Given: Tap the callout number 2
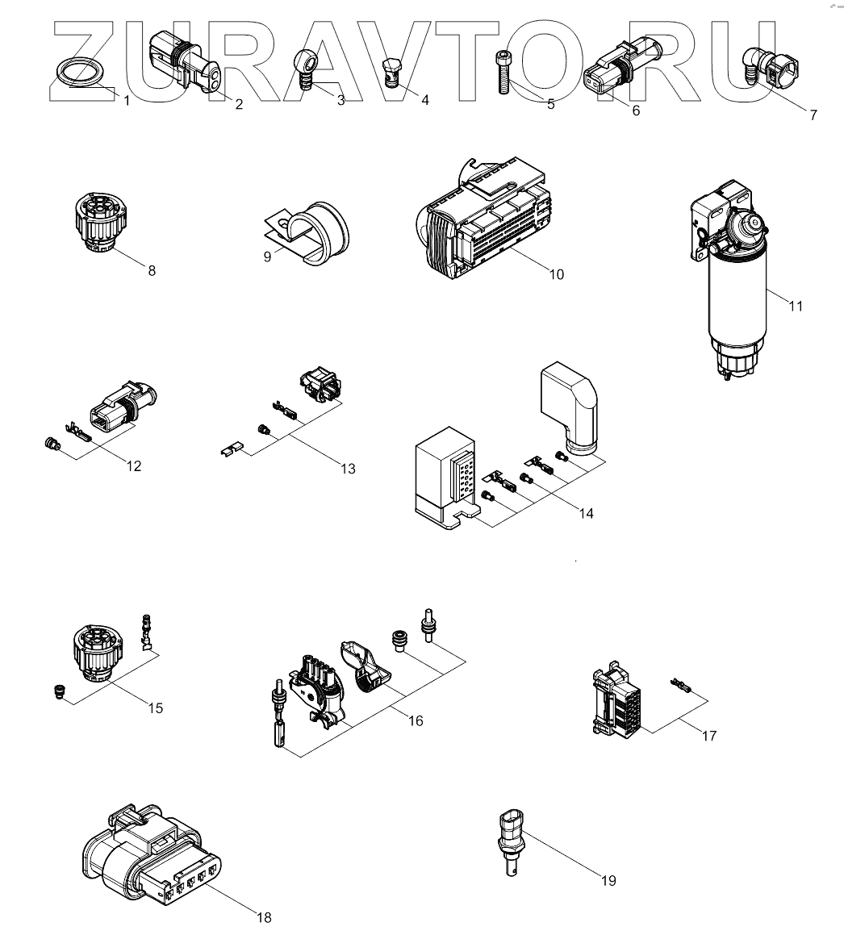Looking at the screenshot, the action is [239, 104].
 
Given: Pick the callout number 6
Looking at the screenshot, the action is [636, 111].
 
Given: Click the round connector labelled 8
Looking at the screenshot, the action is [100, 223].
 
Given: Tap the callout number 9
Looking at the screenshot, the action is [267, 257].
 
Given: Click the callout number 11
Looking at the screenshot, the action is [796, 307].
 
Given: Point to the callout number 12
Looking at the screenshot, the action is [134, 466].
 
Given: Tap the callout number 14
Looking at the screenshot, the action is [586, 513].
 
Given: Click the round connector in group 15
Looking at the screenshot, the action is [98, 653].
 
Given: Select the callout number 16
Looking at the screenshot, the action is [416, 721].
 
